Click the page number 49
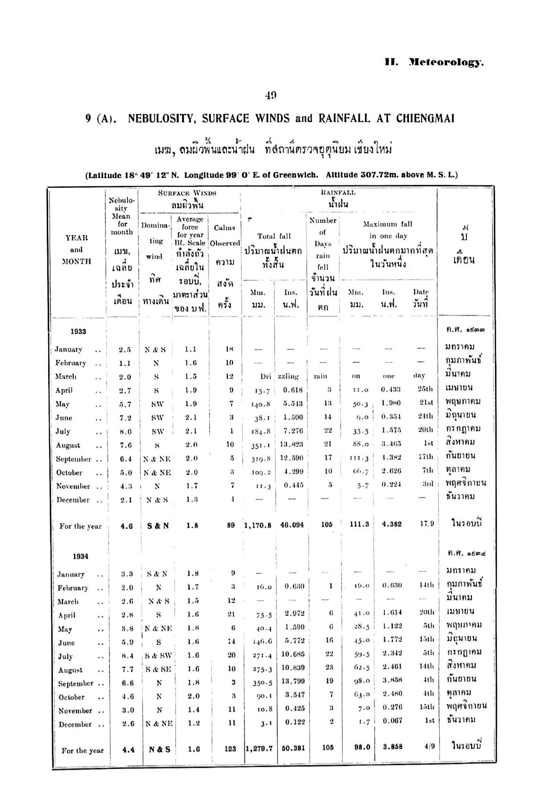270,95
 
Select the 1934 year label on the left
80,556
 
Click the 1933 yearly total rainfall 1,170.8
259,525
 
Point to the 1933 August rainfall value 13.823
291,444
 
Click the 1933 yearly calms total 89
231,525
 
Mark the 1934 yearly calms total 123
229,748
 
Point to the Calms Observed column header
225,236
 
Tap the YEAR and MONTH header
77,249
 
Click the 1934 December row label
76,725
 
